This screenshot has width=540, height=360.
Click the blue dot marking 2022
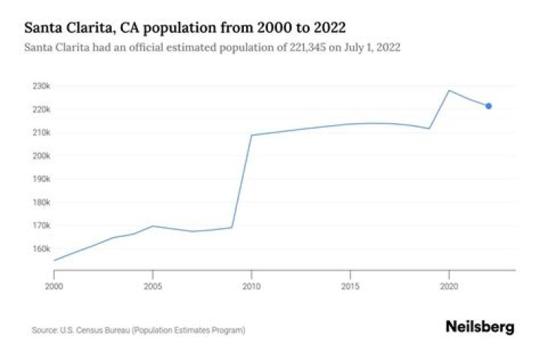pyautogui.click(x=488, y=106)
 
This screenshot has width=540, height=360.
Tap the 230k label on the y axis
pyautogui.click(x=40, y=86)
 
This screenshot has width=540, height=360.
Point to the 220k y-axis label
pyautogui.click(x=40, y=109)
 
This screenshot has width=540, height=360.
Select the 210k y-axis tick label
pyautogui.click(x=40, y=133)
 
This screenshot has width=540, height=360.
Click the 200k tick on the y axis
pyautogui.click(x=40, y=156)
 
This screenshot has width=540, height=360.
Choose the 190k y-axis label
pyautogui.click(x=40, y=179)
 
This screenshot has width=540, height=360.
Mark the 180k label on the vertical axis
pyautogui.click(x=40, y=202)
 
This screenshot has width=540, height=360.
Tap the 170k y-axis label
pyautogui.click(x=40, y=226)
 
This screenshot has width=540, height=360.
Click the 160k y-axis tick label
pyautogui.click(x=40, y=249)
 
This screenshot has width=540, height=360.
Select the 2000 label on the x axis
pyautogui.click(x=54, y=286)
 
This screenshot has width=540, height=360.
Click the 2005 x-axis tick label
pyautogui.click(x=153, y=286)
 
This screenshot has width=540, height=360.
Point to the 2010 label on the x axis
pyautogui.click(x=251, y=286)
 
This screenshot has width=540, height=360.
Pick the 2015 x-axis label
pyautogui.click(x=350, y=286)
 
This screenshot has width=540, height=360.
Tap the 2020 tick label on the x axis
pyautogui.click(x=448, y=286)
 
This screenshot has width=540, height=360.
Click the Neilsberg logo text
pyautogui.click(x=480, y=327)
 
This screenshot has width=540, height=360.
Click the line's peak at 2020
pyautogui.click(x=448, y=91)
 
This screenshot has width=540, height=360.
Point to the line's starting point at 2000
pyautogui.click(x=54, y=260)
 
